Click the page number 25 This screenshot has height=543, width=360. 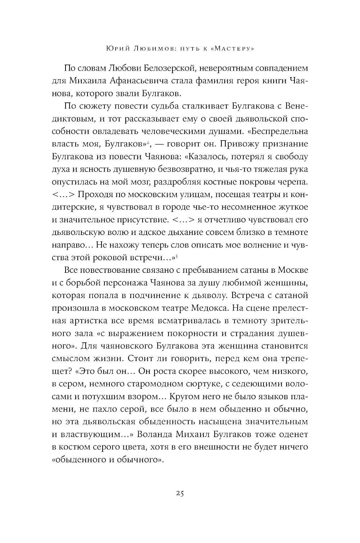pyautogui.click(x=180, y=494)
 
